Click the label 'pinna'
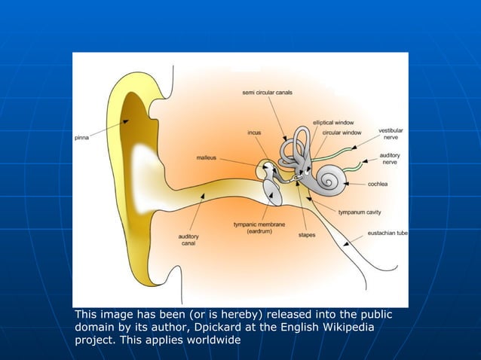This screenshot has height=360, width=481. pos(83,138)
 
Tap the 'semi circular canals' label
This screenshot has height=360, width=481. pos(267,93)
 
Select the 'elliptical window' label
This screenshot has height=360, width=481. pos(333,122)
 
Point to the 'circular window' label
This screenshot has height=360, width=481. pos(342,133)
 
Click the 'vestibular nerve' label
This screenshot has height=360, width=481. pos(390,134)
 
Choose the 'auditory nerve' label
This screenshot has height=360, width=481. pos(390,158)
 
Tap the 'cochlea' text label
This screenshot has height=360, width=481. pos(378,184)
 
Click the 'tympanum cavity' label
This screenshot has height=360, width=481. pos(359,212)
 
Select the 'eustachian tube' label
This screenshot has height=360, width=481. pos(387,233)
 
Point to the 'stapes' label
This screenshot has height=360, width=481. pos(307,235)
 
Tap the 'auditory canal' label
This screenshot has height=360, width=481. pos(188,240)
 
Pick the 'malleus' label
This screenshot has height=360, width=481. pos(207,158)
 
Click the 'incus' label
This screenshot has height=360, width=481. pos(255,133)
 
